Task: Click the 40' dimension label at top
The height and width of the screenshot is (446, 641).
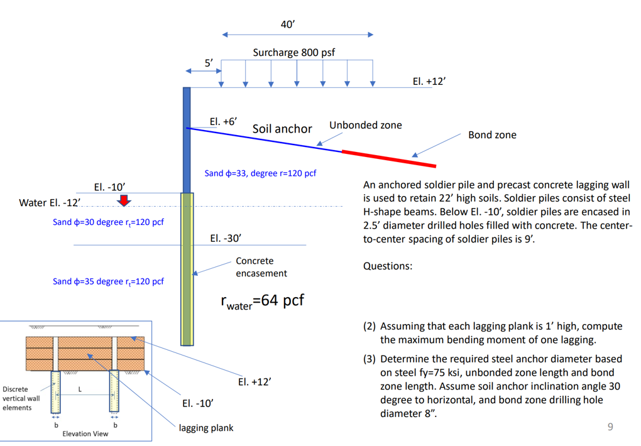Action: coord(287,24)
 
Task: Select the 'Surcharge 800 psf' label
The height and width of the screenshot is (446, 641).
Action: coord(293,53)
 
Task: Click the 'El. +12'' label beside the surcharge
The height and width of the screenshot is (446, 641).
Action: coord(429,82)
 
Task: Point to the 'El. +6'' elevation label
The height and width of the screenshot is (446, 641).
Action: coord(223,121)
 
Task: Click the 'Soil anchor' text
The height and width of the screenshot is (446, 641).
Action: coord(282,129)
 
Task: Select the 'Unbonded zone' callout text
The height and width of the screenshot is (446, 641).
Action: coord(365,125)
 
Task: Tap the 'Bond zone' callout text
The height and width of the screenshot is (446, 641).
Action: coord(492,135)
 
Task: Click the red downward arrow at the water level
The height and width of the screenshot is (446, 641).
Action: coord(124,200)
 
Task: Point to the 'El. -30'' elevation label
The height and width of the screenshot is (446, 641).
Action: coord(226,239)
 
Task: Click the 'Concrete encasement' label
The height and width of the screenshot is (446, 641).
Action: coord(261,267)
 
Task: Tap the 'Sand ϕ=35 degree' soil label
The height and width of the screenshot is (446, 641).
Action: coord(108,281)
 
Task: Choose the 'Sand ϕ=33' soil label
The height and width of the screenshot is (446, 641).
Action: coord(260,173)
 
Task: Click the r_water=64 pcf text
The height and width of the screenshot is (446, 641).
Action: coord(262,302)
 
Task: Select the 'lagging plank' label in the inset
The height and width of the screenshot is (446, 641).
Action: coord(206,428)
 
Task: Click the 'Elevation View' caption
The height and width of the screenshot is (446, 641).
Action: coord(85,433)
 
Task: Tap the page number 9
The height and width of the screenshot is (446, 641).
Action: coord(610,428)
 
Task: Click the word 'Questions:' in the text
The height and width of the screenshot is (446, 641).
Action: coord(388,266)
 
